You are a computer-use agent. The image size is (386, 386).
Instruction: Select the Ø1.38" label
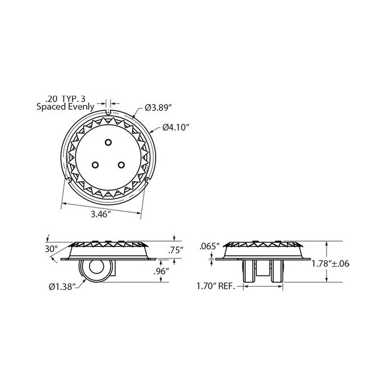click(64, 287)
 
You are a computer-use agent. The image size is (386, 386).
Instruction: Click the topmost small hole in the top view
click(108, 141)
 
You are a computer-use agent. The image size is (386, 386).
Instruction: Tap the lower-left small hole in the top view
click(95, 163)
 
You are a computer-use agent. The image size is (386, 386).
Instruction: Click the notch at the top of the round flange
click(108, 112)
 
